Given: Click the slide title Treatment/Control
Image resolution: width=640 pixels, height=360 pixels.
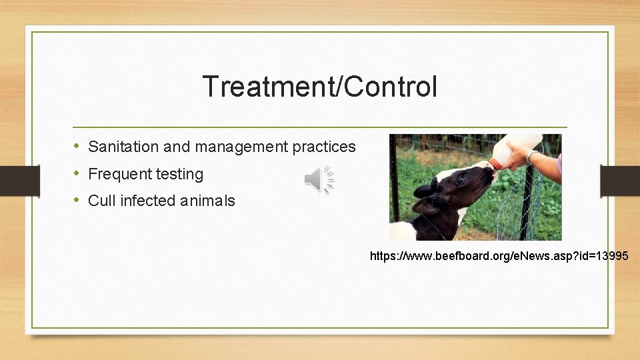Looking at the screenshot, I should coord(319,87).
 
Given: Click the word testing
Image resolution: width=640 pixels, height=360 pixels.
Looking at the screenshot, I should coord(179,174).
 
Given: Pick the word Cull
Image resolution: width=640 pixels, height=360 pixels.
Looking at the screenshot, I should coord(100,201).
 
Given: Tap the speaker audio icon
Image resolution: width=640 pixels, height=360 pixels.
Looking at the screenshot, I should coord(319,179).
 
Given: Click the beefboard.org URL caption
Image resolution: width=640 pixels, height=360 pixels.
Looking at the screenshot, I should coord(499,255).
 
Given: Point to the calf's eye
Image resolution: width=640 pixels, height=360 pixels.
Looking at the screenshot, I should coord(461,180).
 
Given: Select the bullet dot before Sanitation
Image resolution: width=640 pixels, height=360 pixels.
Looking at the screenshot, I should coord(77,146).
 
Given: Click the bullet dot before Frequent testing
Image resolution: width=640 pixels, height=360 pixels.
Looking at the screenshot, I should coord(77,173).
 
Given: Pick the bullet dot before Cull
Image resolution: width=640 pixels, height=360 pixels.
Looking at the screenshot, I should coord(77,200).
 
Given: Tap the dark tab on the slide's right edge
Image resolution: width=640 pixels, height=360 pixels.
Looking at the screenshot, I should coord(620,180).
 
